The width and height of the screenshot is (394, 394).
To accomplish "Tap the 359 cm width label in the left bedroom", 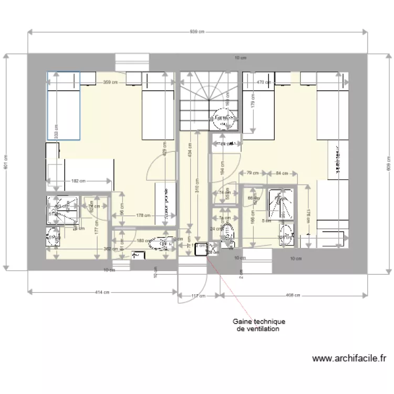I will pos(110,82).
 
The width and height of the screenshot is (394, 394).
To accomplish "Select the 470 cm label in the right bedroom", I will pos(263,82).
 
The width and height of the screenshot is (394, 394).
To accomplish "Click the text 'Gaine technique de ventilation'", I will pos(259,325).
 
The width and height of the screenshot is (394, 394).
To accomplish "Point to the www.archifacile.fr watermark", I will pos(349,359).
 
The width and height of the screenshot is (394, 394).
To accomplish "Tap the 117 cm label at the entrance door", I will pos(198,296).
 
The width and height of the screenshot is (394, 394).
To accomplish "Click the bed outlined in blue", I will pos(63,106).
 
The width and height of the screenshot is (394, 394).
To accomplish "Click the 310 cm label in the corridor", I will pos(198,191).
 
